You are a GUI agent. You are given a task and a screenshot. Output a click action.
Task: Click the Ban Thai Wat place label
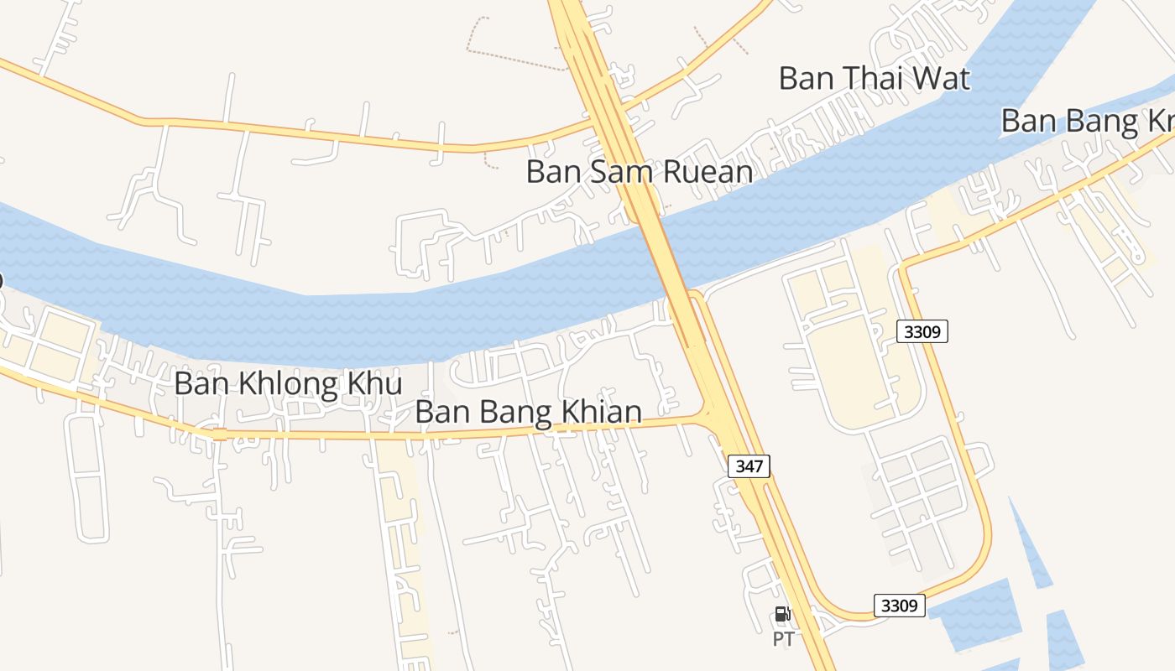click(x=874, y=79)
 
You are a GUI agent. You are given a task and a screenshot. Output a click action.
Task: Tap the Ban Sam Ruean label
click(x=639, y=172)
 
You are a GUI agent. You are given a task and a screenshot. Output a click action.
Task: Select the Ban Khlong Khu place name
click(x=288, y=384)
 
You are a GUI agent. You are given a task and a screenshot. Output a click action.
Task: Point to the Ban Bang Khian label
click(x=529, y=413)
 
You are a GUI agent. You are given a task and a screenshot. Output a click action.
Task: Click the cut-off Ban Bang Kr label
click(x=1087, y=122)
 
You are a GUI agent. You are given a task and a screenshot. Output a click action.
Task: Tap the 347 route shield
click(x=748, y=466)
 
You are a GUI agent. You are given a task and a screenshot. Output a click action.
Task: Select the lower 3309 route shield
click(x=899, y=605)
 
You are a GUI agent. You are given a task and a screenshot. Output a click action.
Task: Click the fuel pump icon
click(x=782, y=615)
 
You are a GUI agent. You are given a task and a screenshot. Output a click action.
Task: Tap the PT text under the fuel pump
click(x=783, y=639)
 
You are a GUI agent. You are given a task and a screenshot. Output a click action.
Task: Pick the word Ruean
click(x=708, y=172)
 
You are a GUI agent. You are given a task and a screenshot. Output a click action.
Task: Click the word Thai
click(x=874, y=79)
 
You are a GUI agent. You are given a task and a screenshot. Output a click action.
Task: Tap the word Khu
click(x=380, y=384)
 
